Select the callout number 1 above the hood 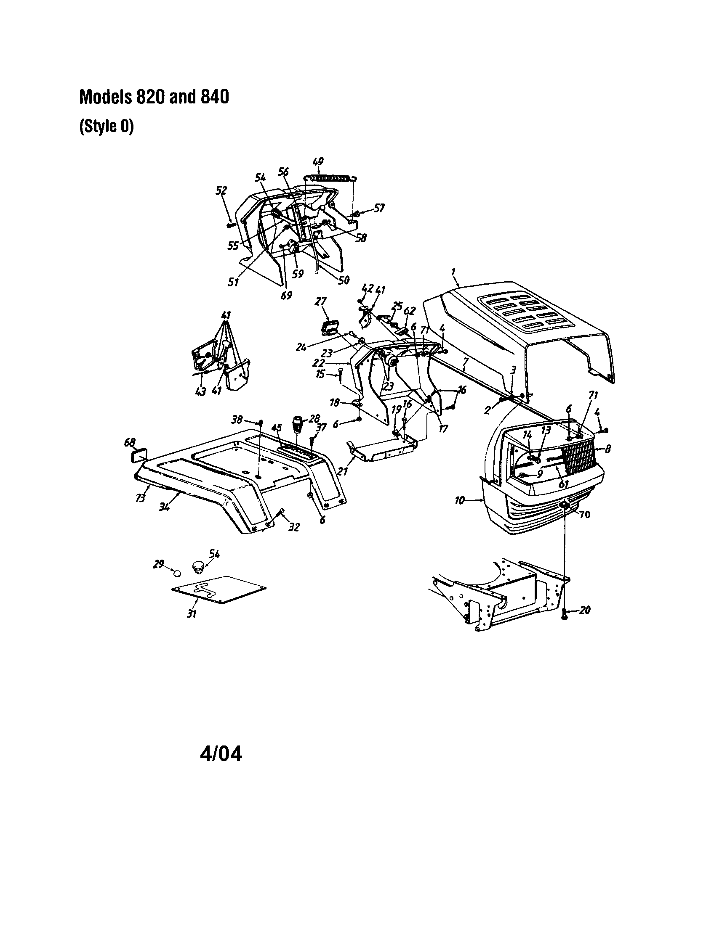[453, 270]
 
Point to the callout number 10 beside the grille [460, 500]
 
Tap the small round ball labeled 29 [178, 573]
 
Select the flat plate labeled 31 [218, 589]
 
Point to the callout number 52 [221, 190]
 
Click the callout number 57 [378, 208]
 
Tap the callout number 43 [200, 392]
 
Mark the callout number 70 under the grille [584, 515]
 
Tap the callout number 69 [286, 295]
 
